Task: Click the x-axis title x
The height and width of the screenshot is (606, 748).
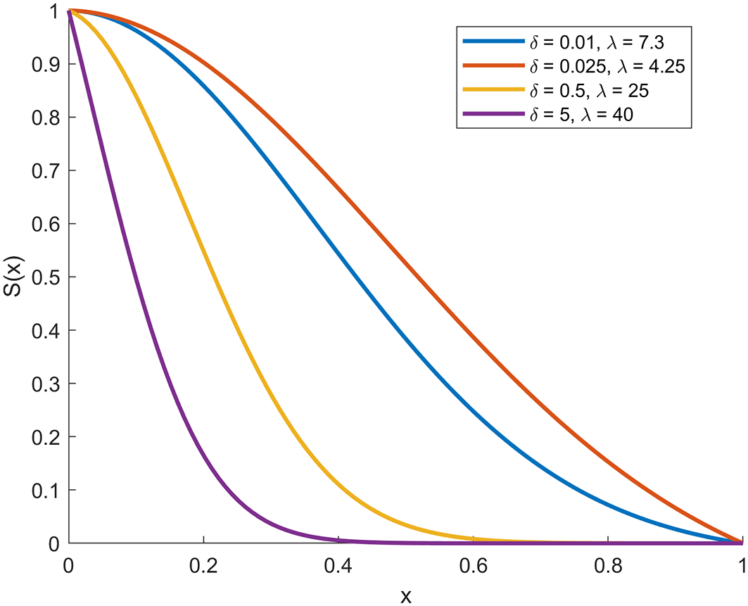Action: tap(405, 595)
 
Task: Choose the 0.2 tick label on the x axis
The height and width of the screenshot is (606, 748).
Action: tap(203, 564)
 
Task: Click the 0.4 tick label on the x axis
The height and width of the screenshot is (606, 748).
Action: tap(338, 564)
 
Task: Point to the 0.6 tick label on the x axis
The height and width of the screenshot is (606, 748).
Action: tap(473, 564)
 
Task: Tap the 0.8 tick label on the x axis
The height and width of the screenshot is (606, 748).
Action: tap(607, 564)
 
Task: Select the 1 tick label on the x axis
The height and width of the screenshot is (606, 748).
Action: tap(742, 564)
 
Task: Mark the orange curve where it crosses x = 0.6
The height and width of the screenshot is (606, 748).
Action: tap(473, 336)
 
